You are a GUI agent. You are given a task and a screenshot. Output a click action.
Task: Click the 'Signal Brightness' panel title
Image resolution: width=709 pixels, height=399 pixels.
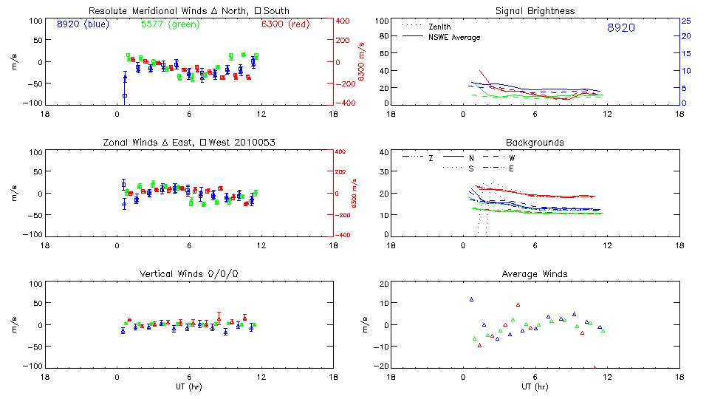coord(535,11)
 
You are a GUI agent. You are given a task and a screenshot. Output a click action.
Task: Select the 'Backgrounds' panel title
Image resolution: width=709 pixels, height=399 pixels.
coord(535,142)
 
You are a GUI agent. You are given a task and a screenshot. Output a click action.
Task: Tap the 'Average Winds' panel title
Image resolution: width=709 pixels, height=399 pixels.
coord(535,274)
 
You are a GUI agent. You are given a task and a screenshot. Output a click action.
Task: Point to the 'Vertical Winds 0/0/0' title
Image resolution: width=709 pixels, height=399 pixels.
coord(188,274)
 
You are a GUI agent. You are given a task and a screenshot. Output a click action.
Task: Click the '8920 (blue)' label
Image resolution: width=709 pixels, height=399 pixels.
coord(81,24)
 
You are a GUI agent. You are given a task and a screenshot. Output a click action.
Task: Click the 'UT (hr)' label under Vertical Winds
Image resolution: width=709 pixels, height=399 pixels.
coord(188,386)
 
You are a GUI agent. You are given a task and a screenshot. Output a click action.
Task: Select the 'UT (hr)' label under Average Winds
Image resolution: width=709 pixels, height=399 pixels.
coord(535,386)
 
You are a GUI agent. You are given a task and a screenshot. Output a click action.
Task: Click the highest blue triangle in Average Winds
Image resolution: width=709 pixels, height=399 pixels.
coord(471,299)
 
